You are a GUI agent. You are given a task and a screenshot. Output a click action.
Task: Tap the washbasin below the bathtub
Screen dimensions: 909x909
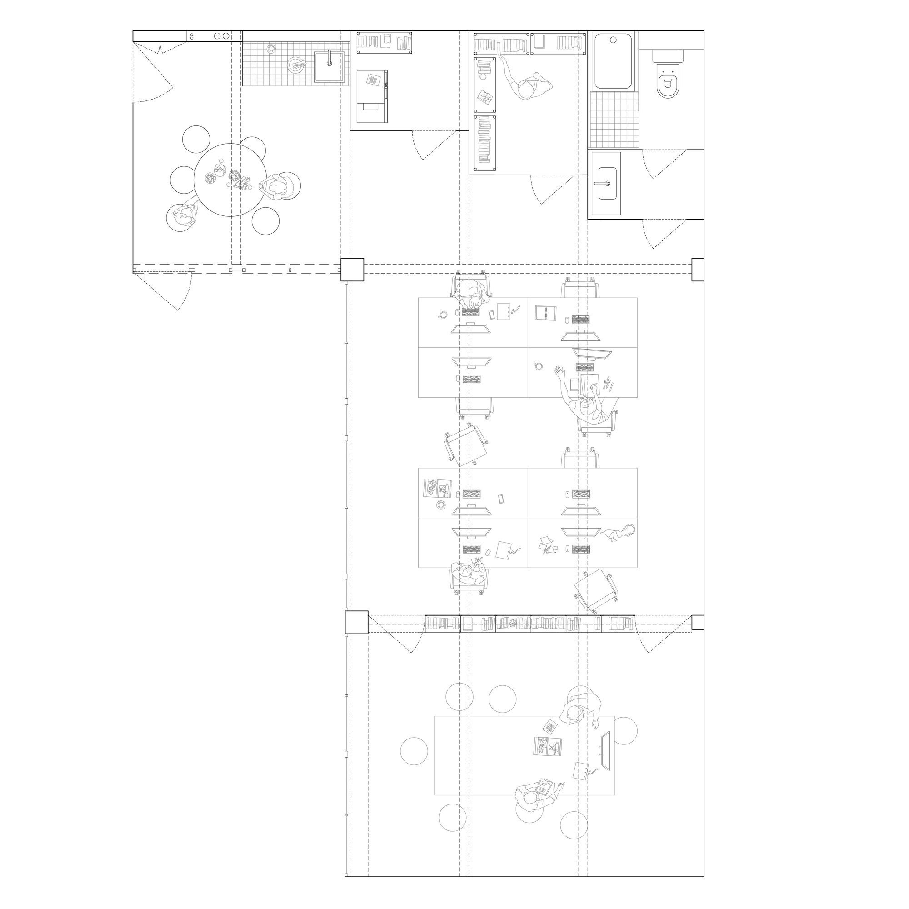606,183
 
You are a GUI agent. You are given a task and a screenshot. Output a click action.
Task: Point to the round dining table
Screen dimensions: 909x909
230,180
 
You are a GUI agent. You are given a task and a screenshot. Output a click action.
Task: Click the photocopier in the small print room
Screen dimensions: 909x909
372,96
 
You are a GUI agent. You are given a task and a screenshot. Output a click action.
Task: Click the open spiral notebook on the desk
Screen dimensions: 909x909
546,312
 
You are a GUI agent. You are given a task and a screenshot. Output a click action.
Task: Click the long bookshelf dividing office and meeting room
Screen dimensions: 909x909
530,624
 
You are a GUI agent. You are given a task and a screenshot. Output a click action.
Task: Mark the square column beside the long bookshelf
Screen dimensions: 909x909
356,623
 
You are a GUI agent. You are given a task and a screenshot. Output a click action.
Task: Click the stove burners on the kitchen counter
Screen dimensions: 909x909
221,36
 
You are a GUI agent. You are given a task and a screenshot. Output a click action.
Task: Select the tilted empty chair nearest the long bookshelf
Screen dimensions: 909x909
596,590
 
